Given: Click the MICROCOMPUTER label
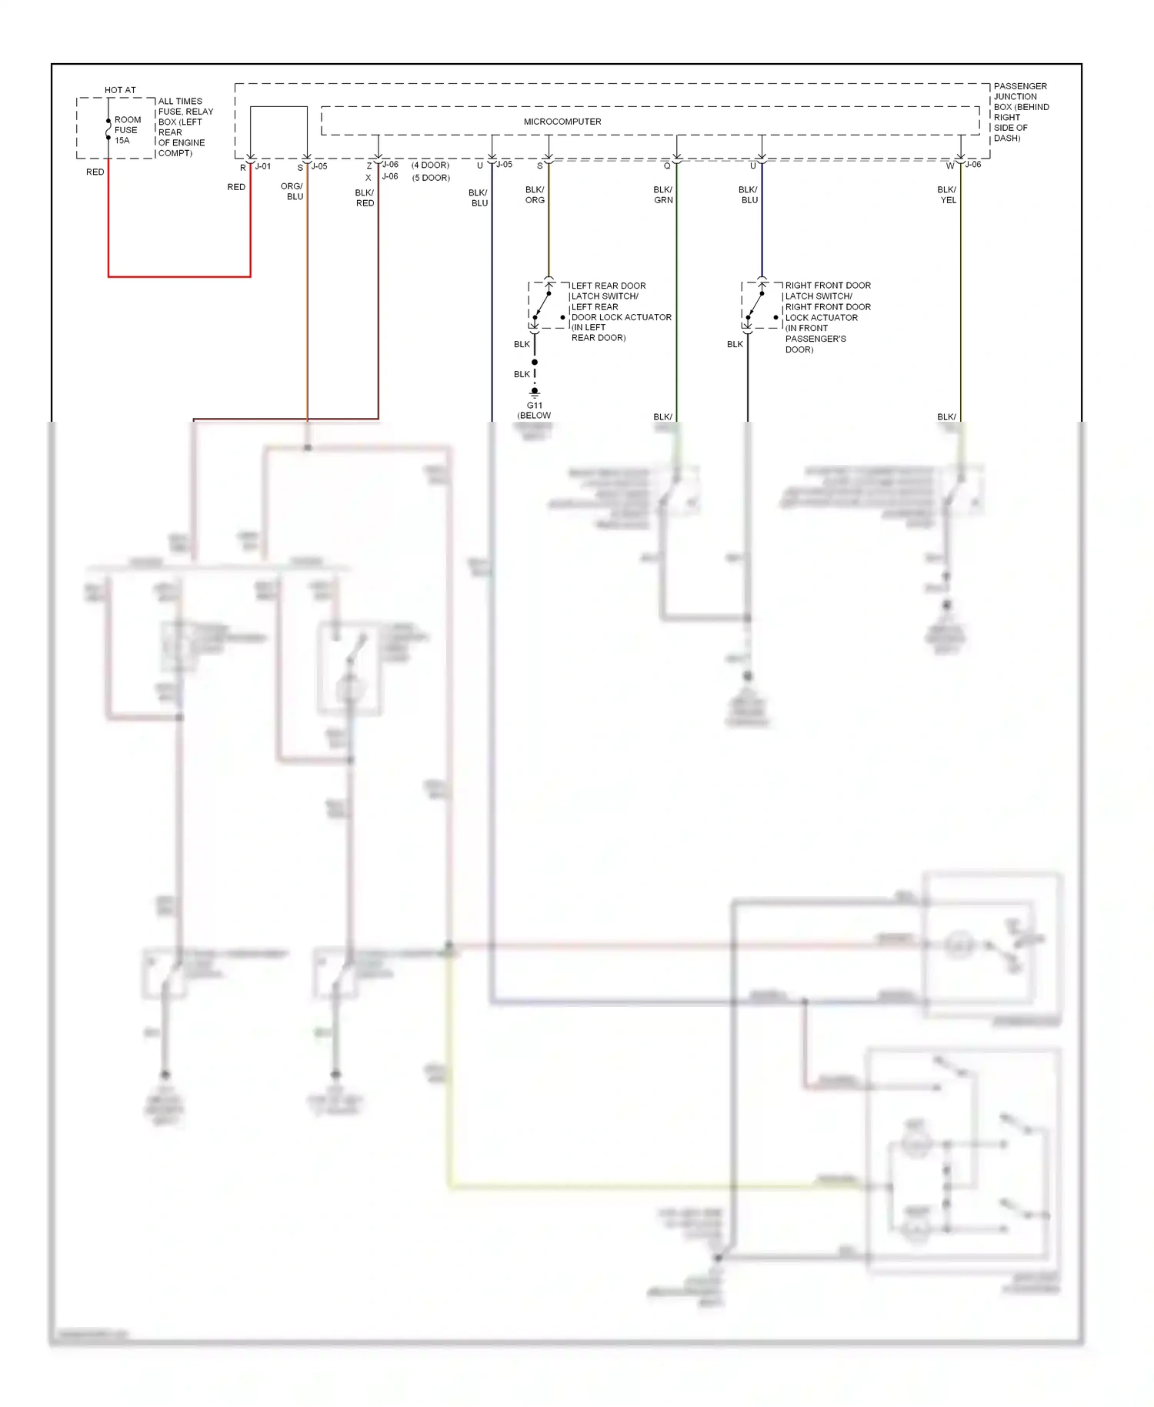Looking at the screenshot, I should (562, 122).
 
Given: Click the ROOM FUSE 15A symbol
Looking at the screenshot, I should (108, 130).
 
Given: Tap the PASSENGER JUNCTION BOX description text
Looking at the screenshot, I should (1020, 112).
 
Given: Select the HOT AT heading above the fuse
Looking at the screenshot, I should (120, 90).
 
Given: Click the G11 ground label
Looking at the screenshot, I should (534, 405).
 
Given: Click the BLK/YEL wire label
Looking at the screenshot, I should (947, 195).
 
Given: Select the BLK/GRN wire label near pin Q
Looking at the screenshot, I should (663, 195).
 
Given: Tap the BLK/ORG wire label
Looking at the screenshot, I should (535, 195).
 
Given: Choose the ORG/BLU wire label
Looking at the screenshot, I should (292, 192).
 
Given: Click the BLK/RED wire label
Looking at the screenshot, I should (365, 198).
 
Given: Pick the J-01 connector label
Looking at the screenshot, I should (263, 166).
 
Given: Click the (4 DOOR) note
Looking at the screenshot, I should (430, 165).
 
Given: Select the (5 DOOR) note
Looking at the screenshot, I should (431, 178).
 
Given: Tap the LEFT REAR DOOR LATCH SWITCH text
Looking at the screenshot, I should (608, 291).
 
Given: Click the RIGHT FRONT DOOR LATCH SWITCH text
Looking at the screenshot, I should (827, 291).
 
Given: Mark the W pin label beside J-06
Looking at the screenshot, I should (950, 165).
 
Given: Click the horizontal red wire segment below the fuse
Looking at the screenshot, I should (179, 276).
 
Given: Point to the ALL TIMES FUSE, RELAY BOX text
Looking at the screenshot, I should (185, 127).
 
